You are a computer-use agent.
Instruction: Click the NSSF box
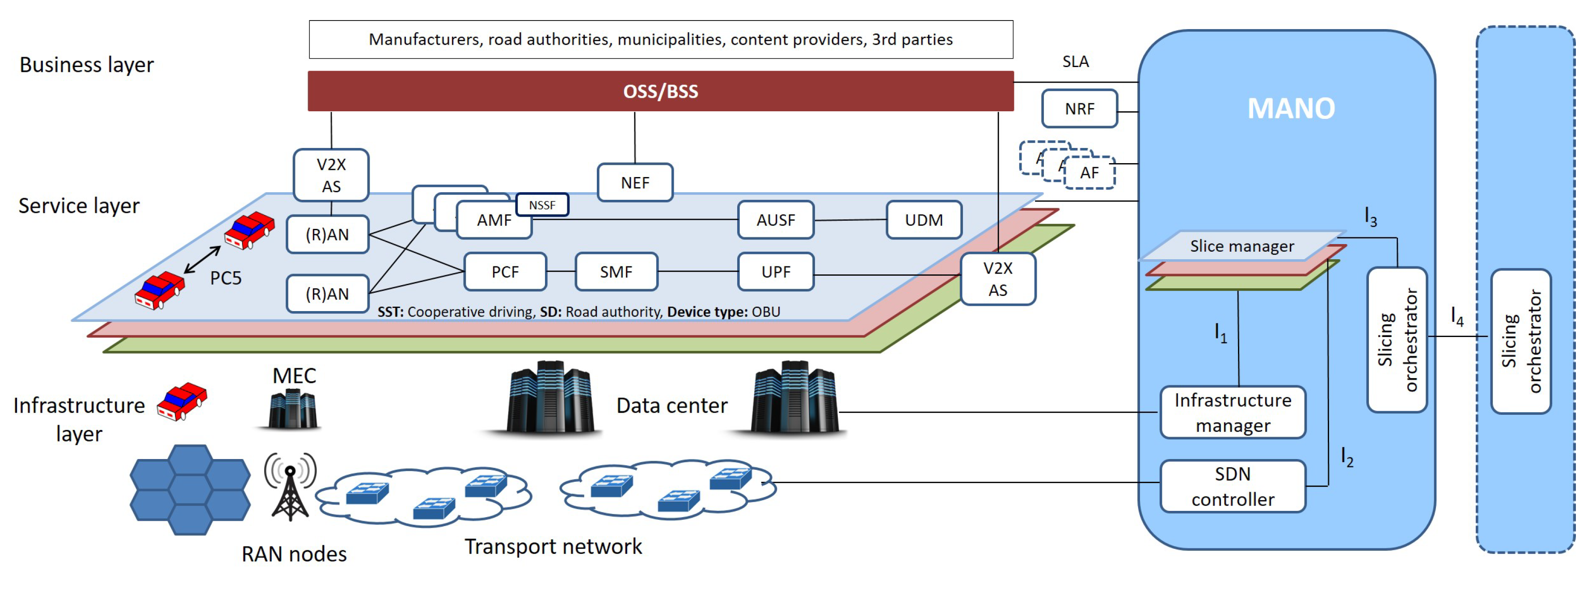(542, 205)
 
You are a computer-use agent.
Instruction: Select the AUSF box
(776, 220)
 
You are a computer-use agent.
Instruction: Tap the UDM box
(924, 220)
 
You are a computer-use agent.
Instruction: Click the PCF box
(505, 272)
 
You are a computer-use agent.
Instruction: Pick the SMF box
(616, 272)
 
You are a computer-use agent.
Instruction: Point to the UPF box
(776, 272)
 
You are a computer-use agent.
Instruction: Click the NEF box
(635, 183)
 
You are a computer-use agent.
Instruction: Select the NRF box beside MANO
(1079, 109)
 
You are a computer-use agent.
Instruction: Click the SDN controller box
(1232, 486)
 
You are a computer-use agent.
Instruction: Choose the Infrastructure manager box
(1232, 413)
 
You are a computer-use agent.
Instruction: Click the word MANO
(1290, 109)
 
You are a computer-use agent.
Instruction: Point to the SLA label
(1075, 62)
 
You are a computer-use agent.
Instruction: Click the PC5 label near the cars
(226, 278)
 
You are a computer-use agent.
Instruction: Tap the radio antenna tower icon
(290, 488)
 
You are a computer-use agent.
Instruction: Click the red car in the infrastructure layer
(182, 401)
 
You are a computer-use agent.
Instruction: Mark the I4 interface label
(1457, 317)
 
